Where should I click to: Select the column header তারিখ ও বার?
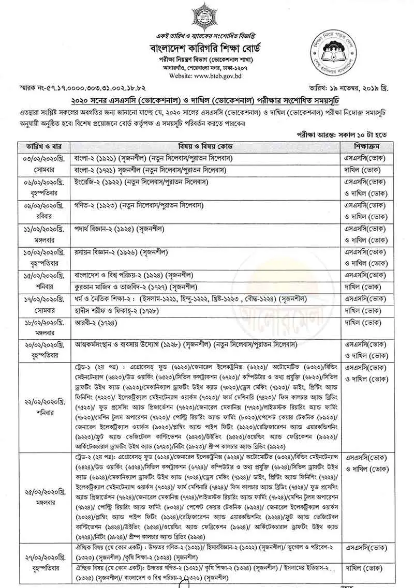[42, 146]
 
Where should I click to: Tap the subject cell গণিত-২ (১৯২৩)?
[140, 205]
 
